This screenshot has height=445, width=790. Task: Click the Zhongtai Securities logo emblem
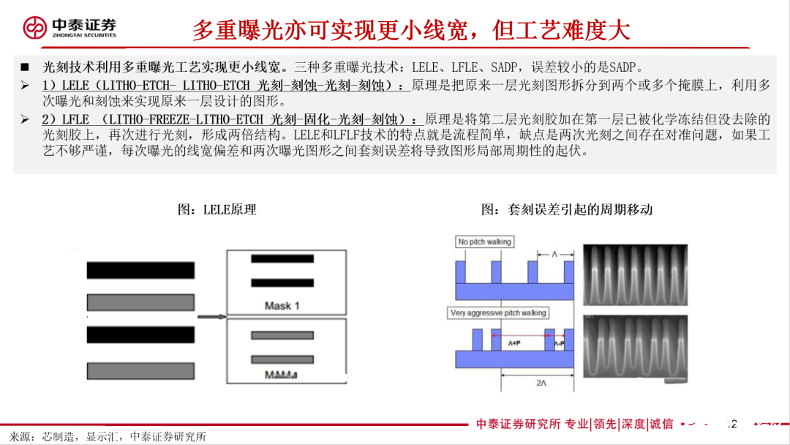34,28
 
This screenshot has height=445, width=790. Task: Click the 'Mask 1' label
282,305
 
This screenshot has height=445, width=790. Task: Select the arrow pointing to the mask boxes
210,317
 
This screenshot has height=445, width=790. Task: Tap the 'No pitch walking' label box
484,242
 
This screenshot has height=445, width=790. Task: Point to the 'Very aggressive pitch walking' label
498,313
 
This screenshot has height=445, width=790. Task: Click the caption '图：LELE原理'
217,209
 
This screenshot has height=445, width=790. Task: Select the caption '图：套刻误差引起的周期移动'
566,209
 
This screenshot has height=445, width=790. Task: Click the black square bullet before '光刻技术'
25,66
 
